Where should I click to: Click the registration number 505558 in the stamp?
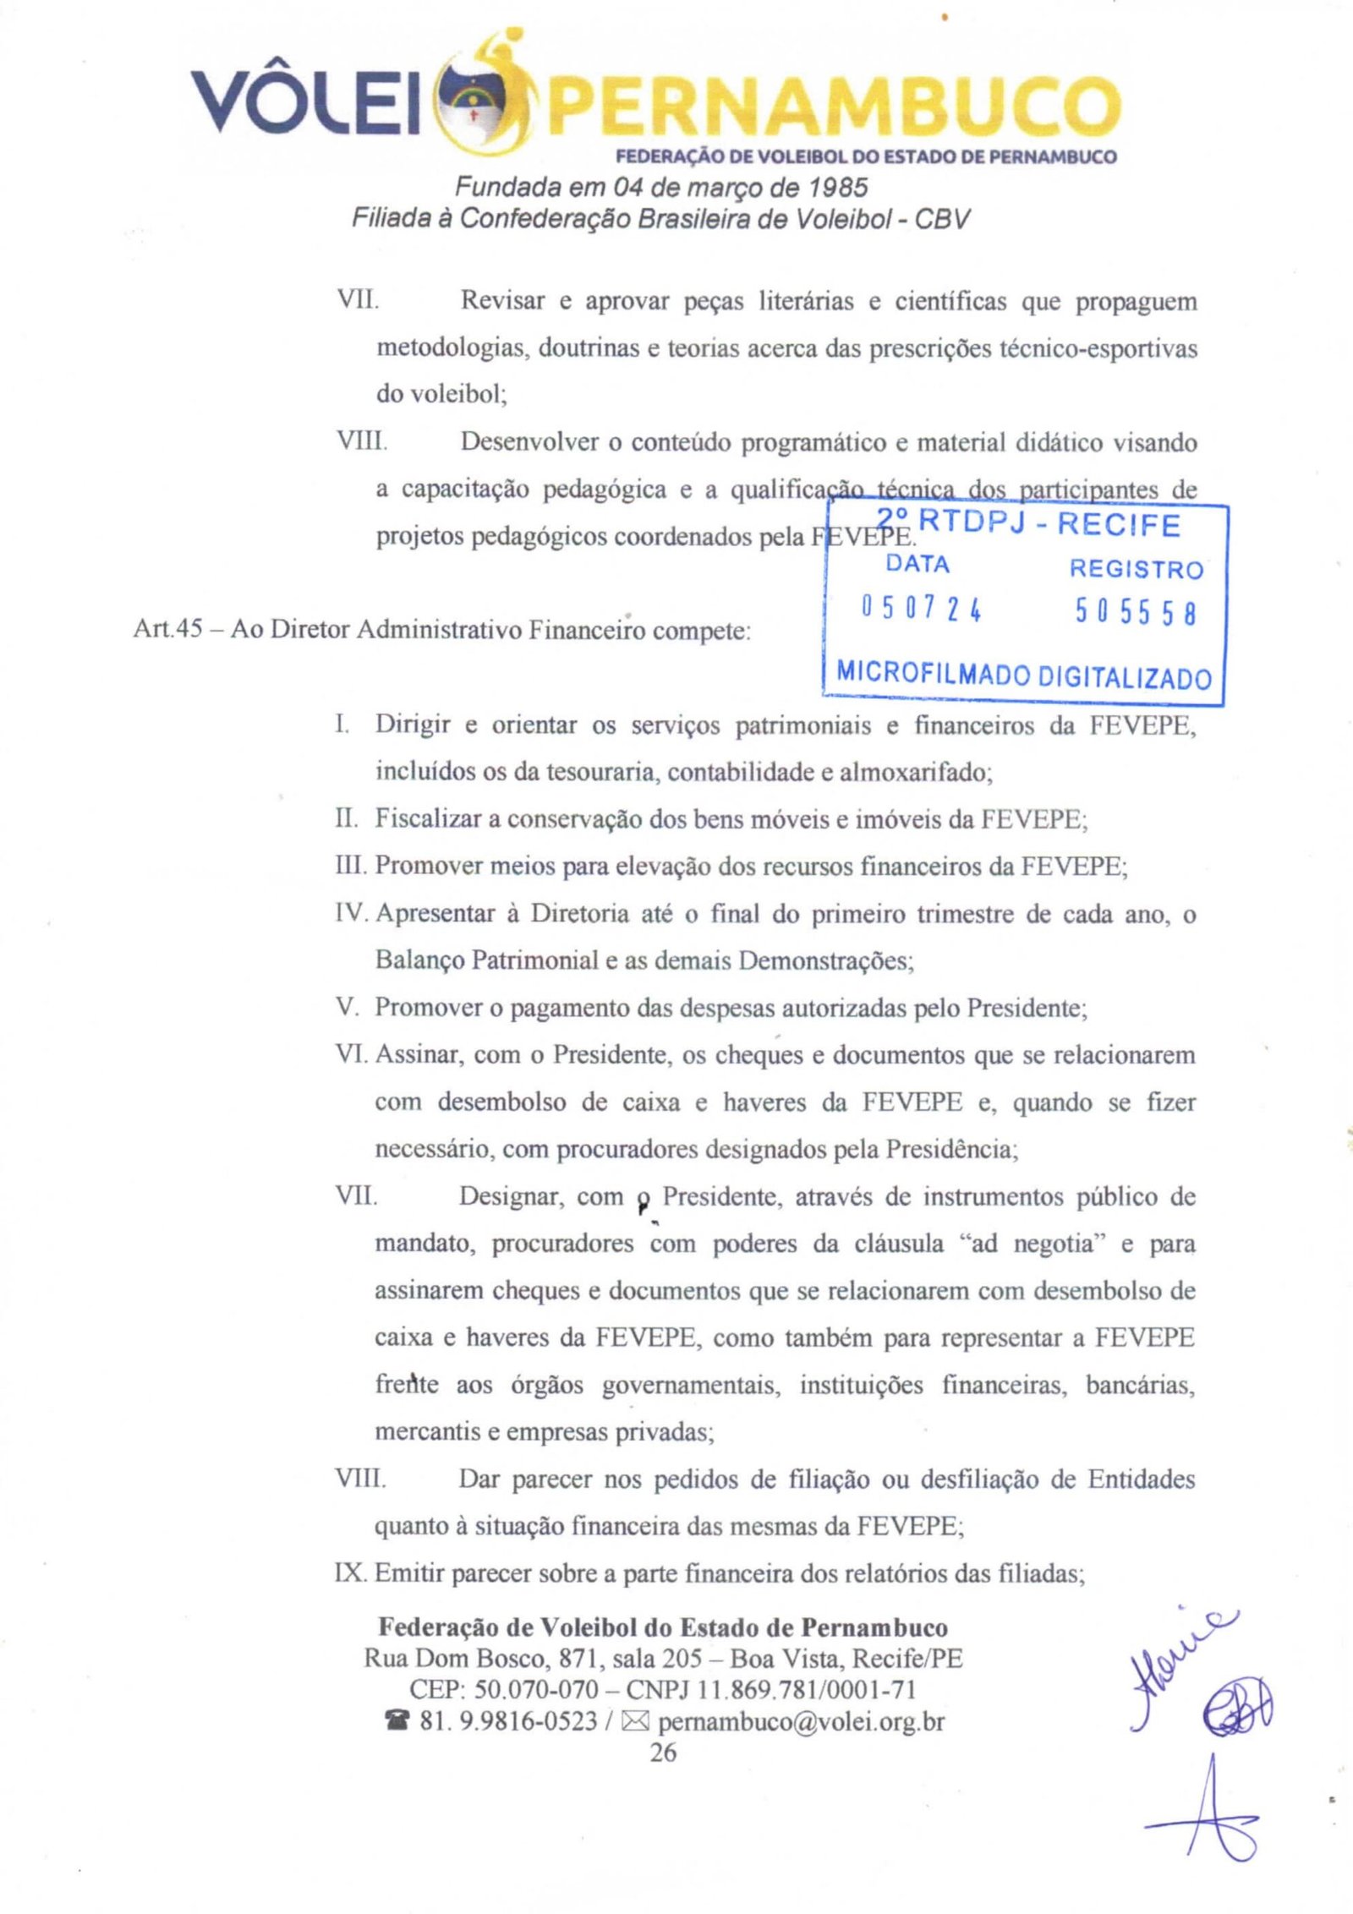1137,611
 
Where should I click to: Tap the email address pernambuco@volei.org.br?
800,1721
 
